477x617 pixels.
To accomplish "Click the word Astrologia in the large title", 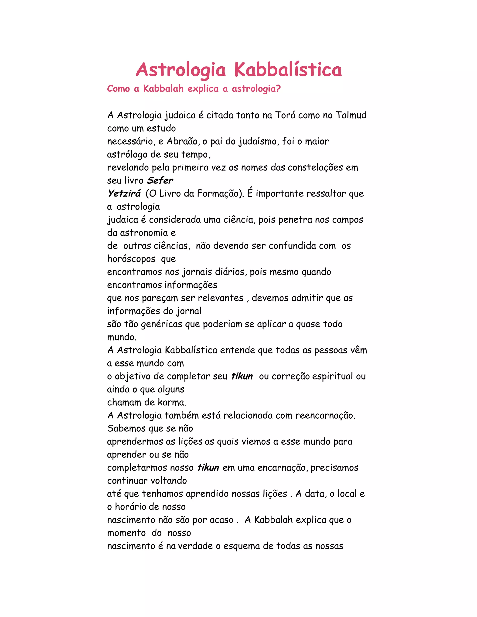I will pyautogui.click(x=181, y=70).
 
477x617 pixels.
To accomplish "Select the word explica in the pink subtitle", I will pyautogui.click(x=203, y=89).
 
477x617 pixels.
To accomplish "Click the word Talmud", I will pyautogui.click(x=351, y=115).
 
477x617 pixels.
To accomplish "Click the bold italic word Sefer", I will pyautogui.click(x=160, y=180).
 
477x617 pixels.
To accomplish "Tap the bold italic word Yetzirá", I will pyautogui.click(x=124, y=193).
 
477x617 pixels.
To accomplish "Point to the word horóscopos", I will pyautogui.click(x=131, y=259).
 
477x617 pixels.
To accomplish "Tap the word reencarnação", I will pyautogui.click(x=325, y=415).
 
